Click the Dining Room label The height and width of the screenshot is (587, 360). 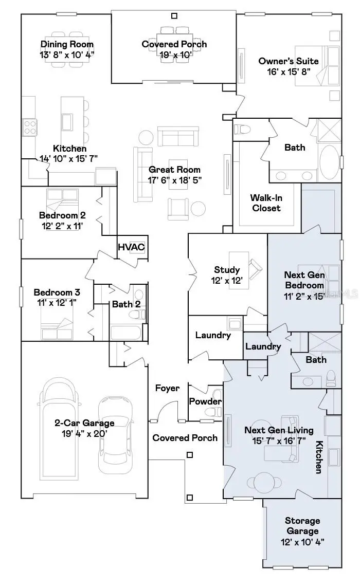(67, 44)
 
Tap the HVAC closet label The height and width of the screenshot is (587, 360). (131, 247)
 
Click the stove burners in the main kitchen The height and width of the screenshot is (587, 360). (29, 126)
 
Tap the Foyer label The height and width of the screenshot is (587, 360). (167, 388)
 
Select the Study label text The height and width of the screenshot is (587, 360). (227, 270)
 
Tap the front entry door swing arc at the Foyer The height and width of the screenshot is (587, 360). (164, 411)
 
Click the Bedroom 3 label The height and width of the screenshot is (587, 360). (57, 292)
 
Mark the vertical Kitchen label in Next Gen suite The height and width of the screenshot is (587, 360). (319, 457)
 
